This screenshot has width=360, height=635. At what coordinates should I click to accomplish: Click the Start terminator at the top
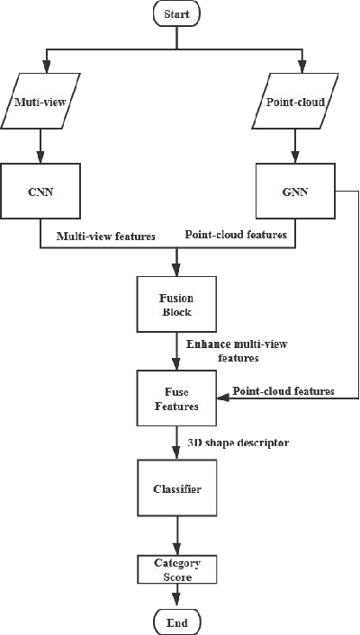[176, 14]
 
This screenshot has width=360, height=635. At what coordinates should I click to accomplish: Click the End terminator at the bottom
[176, 622]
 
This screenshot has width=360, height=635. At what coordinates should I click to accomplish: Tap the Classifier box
[176, 490]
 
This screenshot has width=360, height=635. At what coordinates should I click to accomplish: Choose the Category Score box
[176, 568]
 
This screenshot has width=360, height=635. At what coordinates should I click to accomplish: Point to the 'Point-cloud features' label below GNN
[236, 234]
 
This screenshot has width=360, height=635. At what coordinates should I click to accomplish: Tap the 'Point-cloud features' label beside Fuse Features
[283, 391]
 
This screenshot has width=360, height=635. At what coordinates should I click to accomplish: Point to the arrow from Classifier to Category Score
[176, 538]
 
